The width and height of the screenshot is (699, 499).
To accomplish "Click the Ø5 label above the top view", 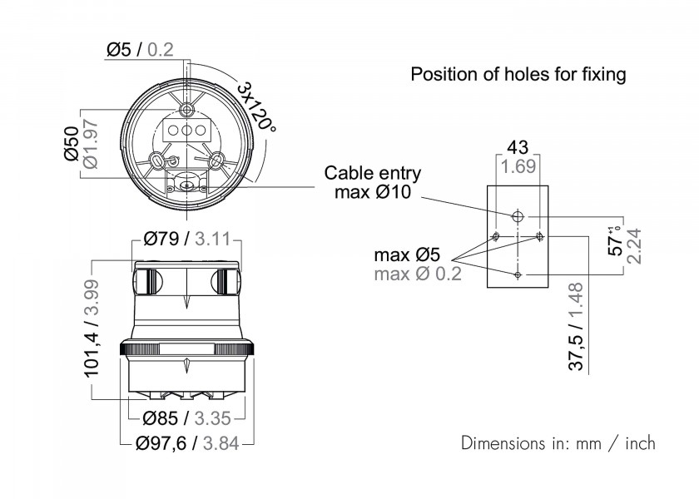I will click(x=120, y=51).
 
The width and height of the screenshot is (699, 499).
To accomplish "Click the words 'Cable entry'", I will click(x=373, y=174).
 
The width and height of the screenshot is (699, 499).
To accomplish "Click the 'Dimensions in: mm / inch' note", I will click(x=558, y=442).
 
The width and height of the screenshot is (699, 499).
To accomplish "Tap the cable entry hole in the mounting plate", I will click(x=518, y=216).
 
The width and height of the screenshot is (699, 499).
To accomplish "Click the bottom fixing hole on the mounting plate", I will click(x=518, y=274).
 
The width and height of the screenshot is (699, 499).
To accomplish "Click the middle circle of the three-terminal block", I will click(x=187, y=131).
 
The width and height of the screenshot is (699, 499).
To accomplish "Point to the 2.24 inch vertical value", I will click(x=635, y=245).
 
